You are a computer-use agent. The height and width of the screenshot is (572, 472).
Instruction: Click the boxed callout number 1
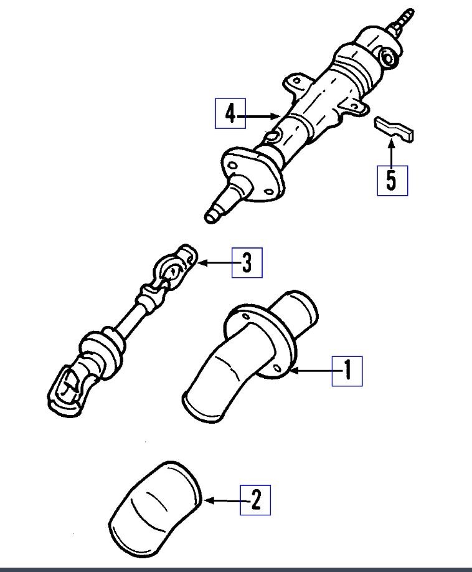pyautogui.click(x=347, y=371)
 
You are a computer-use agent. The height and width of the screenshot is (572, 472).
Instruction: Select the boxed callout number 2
pyautogui.click(x=255, y=500)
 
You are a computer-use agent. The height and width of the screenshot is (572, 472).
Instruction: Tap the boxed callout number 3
pyautogui.click(x=247, y=263)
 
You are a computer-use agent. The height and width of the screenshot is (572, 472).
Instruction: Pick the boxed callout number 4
pyautogui.click(x=230, y=114)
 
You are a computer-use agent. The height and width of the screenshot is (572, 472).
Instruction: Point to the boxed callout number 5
pyautogui.click(x=392, y=180)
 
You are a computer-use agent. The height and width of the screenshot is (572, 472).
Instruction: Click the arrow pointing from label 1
pyautogui.click(x=311, y=371)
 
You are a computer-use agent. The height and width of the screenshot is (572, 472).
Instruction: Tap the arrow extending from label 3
pyautogui.click(x=215, y=263)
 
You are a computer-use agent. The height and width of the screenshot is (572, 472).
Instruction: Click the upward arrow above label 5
pyautogui.click(x=392, y=152)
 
